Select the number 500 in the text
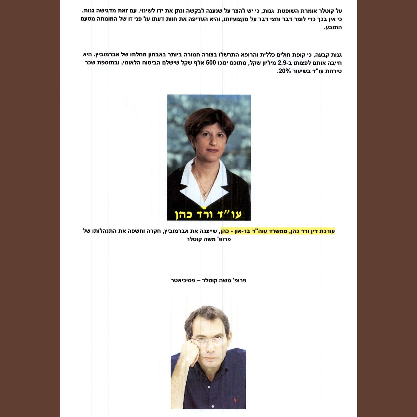coord(211,63)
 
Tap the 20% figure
coord(284,71)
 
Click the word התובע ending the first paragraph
coord(333,28)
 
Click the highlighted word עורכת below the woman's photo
coord(327,231)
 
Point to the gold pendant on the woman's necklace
coord(205,194)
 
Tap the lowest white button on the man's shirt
coord(213,406)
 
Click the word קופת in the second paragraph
coord(299,55)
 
